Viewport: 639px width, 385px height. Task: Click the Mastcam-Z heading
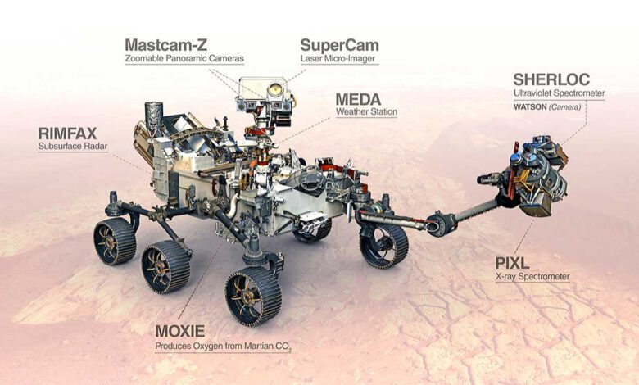click(165, 45)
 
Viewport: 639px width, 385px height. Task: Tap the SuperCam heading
click(339, 45)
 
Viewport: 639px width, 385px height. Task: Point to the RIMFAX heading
click(68, 134)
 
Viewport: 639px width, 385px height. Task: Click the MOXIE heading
click(179, 331)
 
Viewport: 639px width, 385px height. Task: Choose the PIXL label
click(512, 263)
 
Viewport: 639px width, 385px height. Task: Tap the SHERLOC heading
click(551, 79)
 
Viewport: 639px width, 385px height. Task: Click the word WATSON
click(530, 107)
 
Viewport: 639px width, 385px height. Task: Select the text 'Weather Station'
click(366, 111)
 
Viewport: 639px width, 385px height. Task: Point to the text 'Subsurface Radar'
click(73, 146)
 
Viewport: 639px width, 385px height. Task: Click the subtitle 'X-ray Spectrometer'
click(532, 277)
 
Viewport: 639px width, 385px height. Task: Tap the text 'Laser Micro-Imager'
click(338, 58)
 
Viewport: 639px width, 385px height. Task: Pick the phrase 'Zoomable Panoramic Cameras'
click(184, 58)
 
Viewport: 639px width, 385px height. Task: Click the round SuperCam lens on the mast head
click(274, 88)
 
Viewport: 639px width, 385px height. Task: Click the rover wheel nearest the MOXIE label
click(253, 297)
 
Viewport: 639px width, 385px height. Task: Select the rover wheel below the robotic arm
click(383, 245)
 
